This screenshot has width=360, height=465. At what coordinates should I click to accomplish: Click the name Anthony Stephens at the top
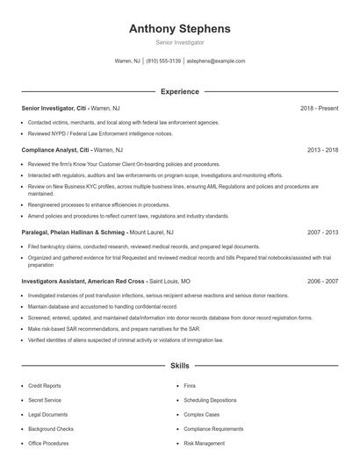click(x=179, y=28)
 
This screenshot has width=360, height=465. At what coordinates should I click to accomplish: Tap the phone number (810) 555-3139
click(x=163, y=61)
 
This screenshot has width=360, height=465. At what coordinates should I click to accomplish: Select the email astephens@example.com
click(x=216, y=61)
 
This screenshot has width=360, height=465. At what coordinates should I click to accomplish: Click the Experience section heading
click(x=179, y=91)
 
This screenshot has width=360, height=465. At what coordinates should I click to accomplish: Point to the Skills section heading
click(x=179, y=365)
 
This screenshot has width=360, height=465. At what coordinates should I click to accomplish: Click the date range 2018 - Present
click(x=319, y=108)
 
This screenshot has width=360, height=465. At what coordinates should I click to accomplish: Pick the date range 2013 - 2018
click(x=320, y=150)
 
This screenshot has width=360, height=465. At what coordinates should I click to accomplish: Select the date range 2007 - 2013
click(x=322, y=232)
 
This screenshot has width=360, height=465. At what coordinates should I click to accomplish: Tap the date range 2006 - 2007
click(x=322, y=281)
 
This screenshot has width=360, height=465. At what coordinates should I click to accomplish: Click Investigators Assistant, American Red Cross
click(x=83, y=281)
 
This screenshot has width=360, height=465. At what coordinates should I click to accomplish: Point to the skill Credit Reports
click(x=45, y=386)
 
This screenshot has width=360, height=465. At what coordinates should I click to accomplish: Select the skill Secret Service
click(x=44, y=400)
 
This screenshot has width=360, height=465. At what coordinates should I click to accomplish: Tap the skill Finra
click(x=190, y=386)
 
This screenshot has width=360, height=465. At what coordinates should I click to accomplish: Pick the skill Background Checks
click(x=51, y=429)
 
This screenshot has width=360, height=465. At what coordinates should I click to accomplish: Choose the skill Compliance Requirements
click(x=213, y=429)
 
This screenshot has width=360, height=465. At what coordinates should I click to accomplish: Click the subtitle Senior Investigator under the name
click(x=179, y=42)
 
